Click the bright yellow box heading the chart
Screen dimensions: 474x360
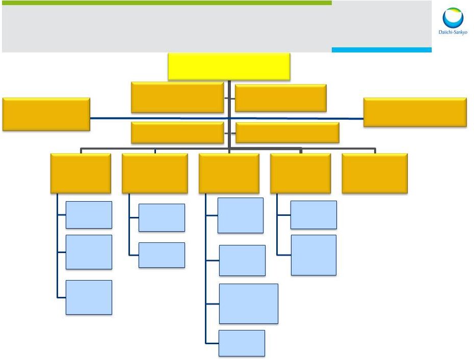(x=229, y=67)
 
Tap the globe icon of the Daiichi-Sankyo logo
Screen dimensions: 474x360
(x=453, y=19)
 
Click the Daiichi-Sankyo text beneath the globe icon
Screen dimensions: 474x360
(x=453, y=33)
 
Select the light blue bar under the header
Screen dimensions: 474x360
(x=381, y=50)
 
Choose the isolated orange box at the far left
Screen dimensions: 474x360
(x=46, y=114)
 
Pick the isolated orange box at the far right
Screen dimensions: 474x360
(x=415, y=112)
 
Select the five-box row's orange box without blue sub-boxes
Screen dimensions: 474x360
(x=375, y=173)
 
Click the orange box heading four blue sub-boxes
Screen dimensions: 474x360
(x=229, y=173)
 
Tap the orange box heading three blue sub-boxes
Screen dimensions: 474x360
(x=81, y=173)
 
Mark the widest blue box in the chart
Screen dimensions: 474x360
(x=249, y=303)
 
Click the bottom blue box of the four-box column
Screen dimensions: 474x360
(x=242, y=343)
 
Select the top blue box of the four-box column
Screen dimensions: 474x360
(x=240, y=215)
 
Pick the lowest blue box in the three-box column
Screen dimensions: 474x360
(x=89, y=297)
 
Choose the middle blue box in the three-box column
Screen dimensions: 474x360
(x=89, y=252)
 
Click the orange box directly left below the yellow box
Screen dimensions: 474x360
(x=177, y=97)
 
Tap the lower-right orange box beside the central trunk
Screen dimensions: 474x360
(x=287, y=133)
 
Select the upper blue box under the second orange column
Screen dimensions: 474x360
(x=162, y=217)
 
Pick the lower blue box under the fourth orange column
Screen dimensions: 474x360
(x=313, y=255)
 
